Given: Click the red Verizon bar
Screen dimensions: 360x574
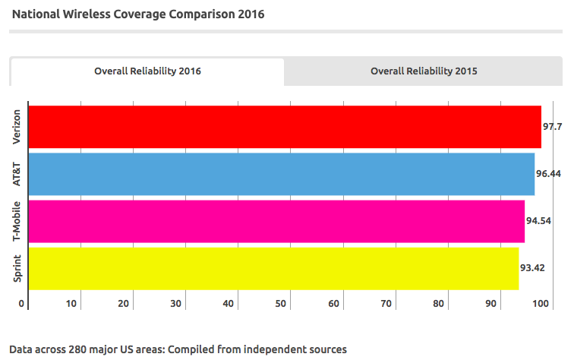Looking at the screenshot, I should coord(284,127).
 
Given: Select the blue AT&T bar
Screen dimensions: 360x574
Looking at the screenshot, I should coord(281,174).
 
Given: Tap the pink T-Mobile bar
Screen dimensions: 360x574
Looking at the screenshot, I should coord(276,221).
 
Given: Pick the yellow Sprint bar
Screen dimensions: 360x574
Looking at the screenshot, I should coord(273,268).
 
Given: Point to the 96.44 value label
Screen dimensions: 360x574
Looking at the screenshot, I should coord(549,174).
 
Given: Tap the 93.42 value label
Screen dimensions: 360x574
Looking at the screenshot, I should coord(532,268).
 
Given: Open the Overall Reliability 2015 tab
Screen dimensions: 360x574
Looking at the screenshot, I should coord(424,71).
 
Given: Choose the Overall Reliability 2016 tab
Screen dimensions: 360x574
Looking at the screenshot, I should coord(147,71).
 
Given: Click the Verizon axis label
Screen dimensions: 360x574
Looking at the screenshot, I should coord(16,127).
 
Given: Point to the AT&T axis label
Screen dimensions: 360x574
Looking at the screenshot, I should coord(16,174).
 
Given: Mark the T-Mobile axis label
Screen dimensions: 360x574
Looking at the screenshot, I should coord(16,221).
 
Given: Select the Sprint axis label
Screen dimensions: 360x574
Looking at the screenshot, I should coord(16,268).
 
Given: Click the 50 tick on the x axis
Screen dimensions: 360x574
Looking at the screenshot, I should coord(281,305).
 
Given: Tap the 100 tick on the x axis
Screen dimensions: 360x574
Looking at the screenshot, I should coord(541,305).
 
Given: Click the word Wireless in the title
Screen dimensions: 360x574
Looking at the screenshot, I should coord(95,14).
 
